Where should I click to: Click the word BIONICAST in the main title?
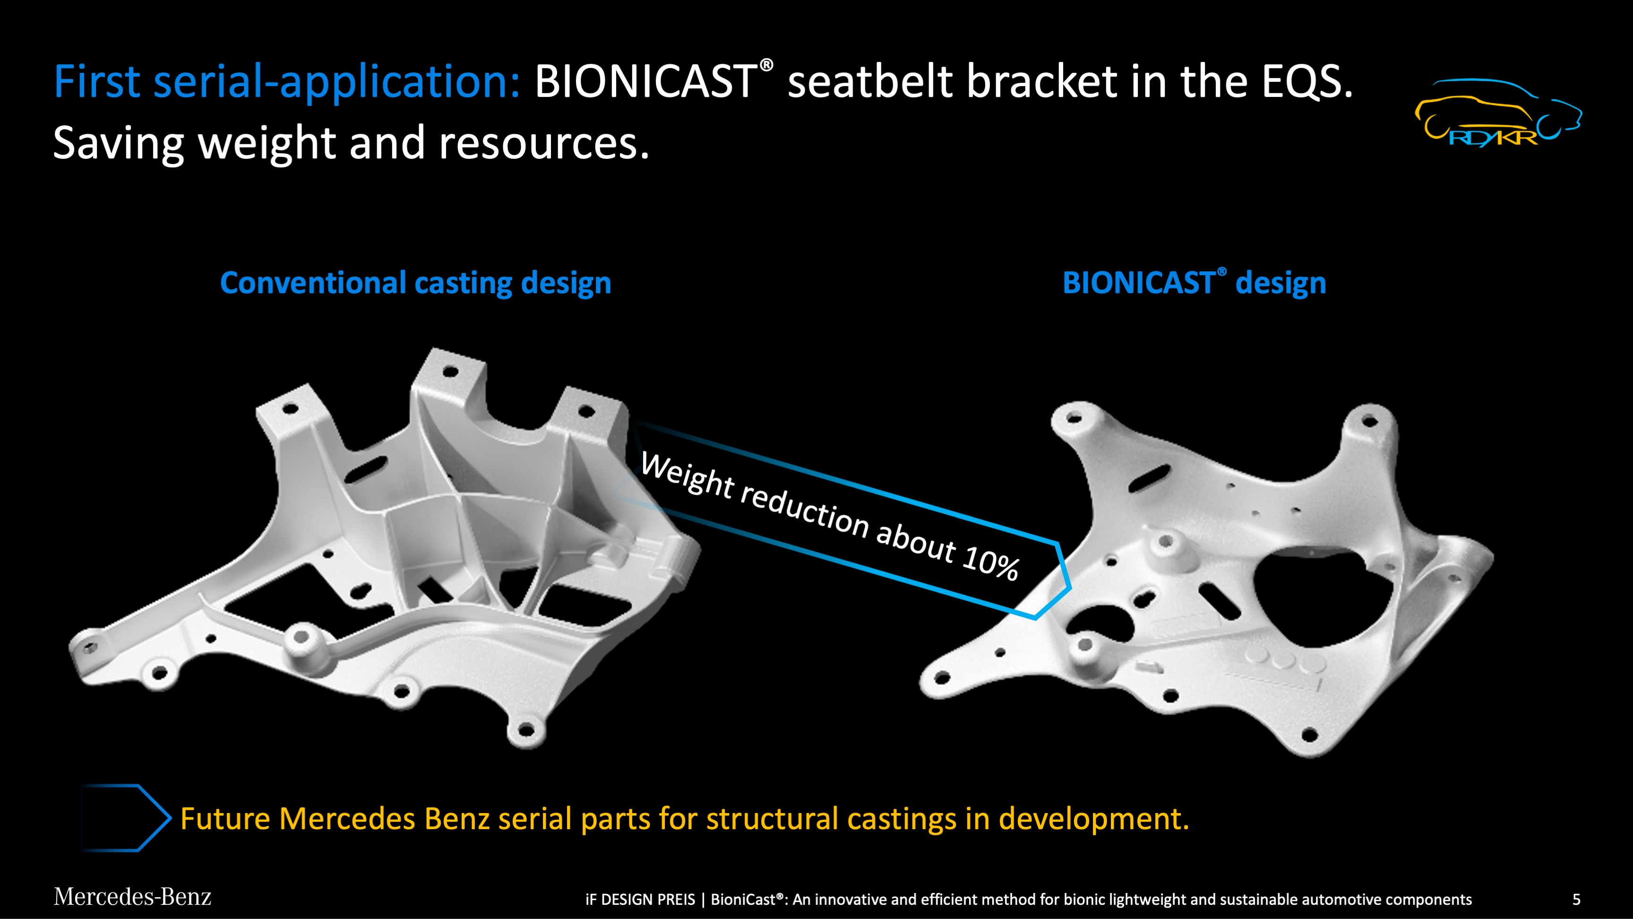click(x=645, y=82)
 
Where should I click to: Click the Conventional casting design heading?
click(x=415, y=283)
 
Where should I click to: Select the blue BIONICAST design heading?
click(x=1194, y=283)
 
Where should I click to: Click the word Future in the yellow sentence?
click(x=225, y=819)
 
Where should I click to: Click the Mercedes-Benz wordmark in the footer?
click(x=132, y=897)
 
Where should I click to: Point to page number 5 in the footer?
click(x=1576, y=899)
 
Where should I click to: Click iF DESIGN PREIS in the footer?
click(x=640, y=899)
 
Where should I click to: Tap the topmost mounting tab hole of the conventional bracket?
click(x=450, y=371)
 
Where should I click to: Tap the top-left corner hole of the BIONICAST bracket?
click(x=1074, y=418)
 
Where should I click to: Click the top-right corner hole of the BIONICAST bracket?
click(x=1370, y=420)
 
